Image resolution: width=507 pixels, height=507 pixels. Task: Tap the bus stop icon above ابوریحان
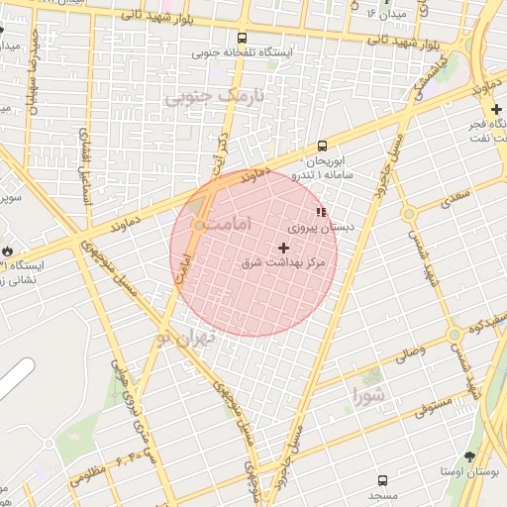322,146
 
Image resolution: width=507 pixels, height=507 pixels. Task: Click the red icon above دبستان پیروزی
320,212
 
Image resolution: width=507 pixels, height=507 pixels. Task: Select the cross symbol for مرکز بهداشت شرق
285,247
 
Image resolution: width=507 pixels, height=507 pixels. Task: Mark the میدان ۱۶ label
385,14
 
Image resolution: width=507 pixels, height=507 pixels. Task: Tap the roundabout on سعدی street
407,213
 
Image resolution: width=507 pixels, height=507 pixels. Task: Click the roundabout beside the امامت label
201,227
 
